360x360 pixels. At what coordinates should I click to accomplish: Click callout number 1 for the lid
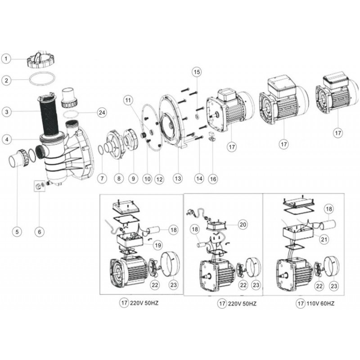(x=6, y=58)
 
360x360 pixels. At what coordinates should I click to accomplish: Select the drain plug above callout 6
(x=39, y=185)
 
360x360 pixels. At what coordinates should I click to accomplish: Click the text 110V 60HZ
(x=321, y=304)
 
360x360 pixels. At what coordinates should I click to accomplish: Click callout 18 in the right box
(x=328, y=209)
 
